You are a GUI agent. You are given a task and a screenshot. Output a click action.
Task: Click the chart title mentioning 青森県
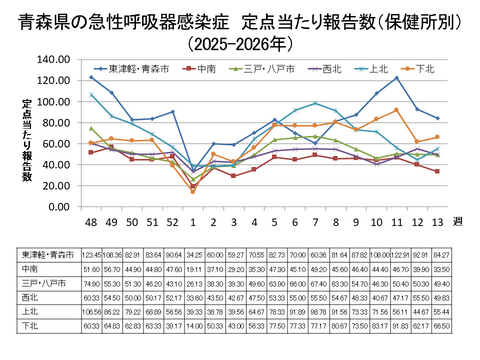pyautogui.click(x=240, y=19)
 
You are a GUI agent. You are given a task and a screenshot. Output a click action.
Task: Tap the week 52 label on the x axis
pyautogui.click(x=172, y=221)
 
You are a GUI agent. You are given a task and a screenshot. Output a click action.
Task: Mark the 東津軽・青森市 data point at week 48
pyautogui.click(x=91, y=77)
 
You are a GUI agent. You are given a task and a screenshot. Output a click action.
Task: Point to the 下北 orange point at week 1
pyautogui.click(x=193, y=191)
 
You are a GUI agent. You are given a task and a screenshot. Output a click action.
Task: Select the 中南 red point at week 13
pyautogui.click(x=437, y=171)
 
